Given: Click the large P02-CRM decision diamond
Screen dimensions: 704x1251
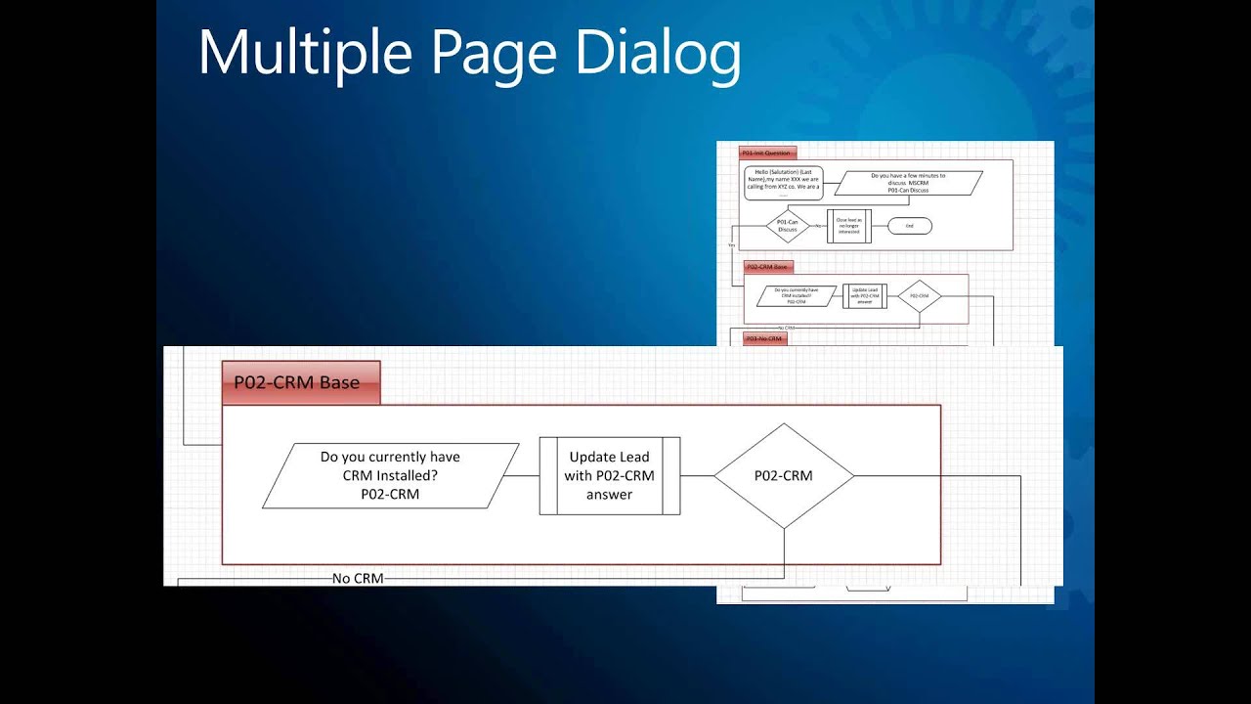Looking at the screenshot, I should coord(784,476).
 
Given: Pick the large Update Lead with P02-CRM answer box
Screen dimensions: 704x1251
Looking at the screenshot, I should coord(609,476).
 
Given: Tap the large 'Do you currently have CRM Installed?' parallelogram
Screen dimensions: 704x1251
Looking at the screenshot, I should coord(390,476).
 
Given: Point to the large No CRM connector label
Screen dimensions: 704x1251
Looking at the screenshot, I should coord(358,578).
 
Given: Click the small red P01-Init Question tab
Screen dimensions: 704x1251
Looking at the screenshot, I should coord(767,153).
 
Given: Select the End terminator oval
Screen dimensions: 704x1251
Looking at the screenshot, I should coord(909,226).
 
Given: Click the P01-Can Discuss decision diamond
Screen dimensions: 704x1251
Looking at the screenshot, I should coord(787,226).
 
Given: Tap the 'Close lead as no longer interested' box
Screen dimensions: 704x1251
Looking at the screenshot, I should coord(848,226).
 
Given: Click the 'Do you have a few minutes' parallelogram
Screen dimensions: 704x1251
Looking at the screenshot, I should coord(908,183).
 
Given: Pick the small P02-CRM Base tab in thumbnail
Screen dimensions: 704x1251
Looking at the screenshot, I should coord(767,266).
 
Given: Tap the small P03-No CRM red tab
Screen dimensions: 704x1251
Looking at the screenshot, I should coord(764,338).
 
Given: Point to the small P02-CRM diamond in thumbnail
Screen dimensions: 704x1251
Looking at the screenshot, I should coord(919,295).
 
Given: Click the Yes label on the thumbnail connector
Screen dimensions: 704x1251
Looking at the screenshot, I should coord(731,244).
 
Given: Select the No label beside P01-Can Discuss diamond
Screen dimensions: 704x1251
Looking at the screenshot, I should coord(818,226).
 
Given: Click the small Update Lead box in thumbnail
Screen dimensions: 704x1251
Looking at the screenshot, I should coord(864,295).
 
